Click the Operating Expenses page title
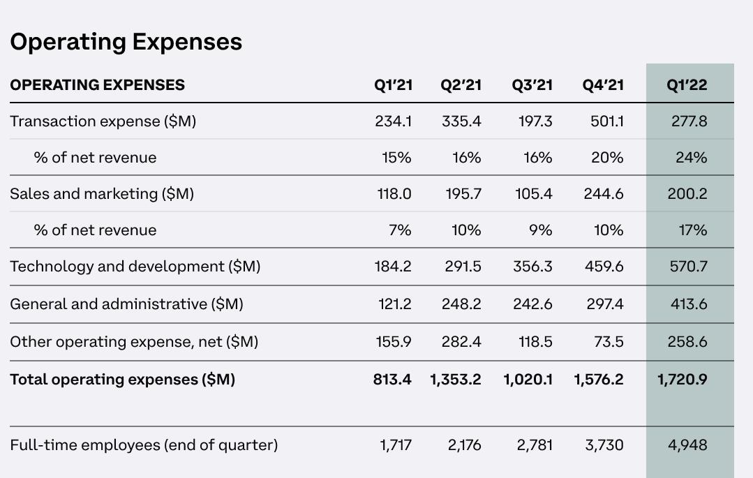126,42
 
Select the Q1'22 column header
687,85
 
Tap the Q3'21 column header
532,85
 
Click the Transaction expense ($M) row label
103,121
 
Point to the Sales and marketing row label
102,194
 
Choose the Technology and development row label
135,267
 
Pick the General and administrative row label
127,304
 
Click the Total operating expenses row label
123,380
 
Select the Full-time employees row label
144,445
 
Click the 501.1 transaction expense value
606,121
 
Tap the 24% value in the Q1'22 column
691,158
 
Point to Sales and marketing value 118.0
394,194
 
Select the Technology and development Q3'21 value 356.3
532,267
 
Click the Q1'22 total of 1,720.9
683,380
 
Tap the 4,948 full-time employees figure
687,445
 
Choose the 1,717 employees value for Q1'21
396,445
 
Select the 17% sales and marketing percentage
692,230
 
